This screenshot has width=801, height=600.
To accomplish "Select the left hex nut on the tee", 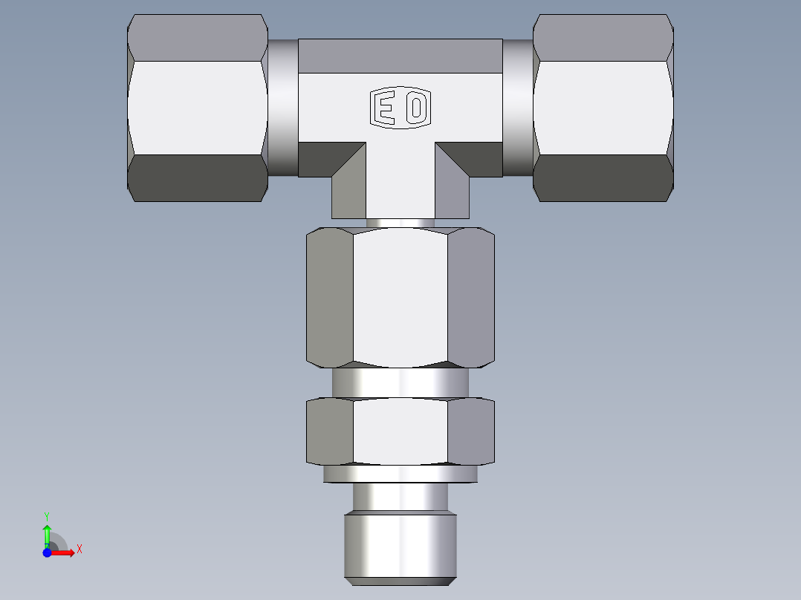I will coord(198,108).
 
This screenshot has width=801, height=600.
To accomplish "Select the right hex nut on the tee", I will coord(603,108).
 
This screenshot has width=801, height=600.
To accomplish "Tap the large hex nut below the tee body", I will coord(400,297).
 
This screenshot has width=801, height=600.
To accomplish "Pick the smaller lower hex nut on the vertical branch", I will coord(400,431).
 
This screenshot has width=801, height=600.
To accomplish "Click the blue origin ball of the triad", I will coord(48,552).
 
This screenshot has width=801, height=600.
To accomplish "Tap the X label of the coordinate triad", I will coord(79,550).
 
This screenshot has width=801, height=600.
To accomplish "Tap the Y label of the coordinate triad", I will coord(47,515).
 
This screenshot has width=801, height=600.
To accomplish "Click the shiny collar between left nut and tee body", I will coord(283,108).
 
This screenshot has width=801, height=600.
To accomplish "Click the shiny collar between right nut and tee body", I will coord(518,108).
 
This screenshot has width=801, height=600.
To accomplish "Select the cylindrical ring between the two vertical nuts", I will coord(400,382).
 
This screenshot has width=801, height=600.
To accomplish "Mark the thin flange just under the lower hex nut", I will coord(400,474).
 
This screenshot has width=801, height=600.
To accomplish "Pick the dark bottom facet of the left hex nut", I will coord(198,178).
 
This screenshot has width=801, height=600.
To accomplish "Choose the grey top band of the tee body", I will coord(400,56).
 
